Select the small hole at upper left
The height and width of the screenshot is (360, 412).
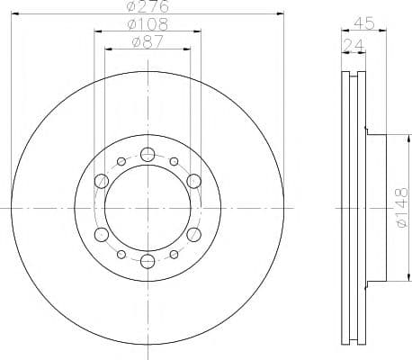pyautogui.click(x=121, y=162)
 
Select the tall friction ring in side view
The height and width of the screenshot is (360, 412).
pyautogui.click(x=353, y=209)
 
